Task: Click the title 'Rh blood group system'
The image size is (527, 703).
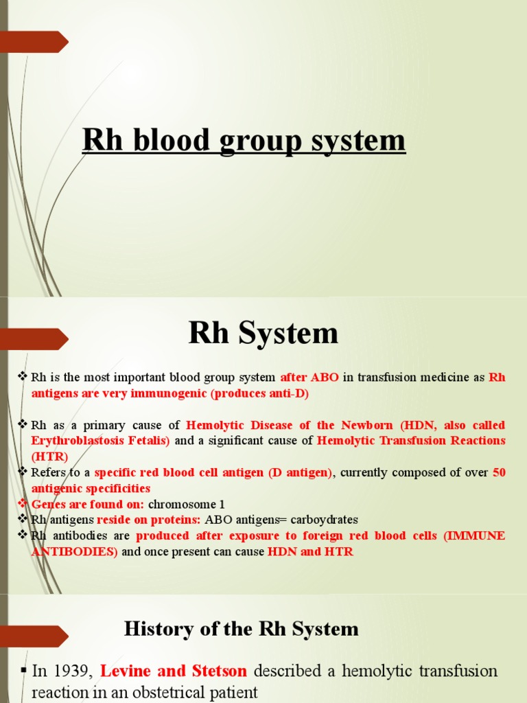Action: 244,141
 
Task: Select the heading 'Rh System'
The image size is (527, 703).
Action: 263,334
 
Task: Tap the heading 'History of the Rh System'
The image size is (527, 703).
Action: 241,628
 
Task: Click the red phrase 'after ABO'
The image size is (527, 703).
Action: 309,378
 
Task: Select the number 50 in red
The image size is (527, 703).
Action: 499,472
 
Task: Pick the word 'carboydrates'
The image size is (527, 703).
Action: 325,520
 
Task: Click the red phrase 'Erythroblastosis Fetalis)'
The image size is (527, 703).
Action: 100,441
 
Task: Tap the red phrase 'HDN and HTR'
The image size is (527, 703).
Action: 310,551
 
